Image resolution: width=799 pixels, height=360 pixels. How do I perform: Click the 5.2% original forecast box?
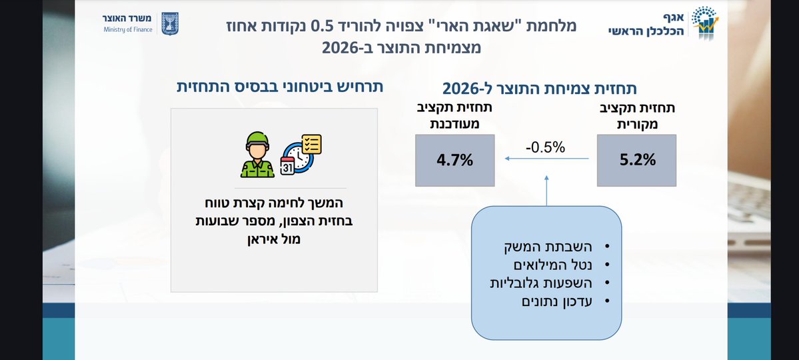(x=637, y=160)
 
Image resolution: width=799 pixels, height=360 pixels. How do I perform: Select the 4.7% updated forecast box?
(x=455, y=160)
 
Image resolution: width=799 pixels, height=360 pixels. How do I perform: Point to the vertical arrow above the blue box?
(x=546, y=191)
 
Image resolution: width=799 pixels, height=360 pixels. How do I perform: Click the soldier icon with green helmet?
(x=257, y=155)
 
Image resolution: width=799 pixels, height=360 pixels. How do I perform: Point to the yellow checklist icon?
(x=311, y=144)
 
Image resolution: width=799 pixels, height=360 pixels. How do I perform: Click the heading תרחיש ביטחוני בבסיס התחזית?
(x=281, y=88)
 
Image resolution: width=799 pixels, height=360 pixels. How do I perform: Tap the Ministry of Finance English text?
(x=128, y=29)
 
